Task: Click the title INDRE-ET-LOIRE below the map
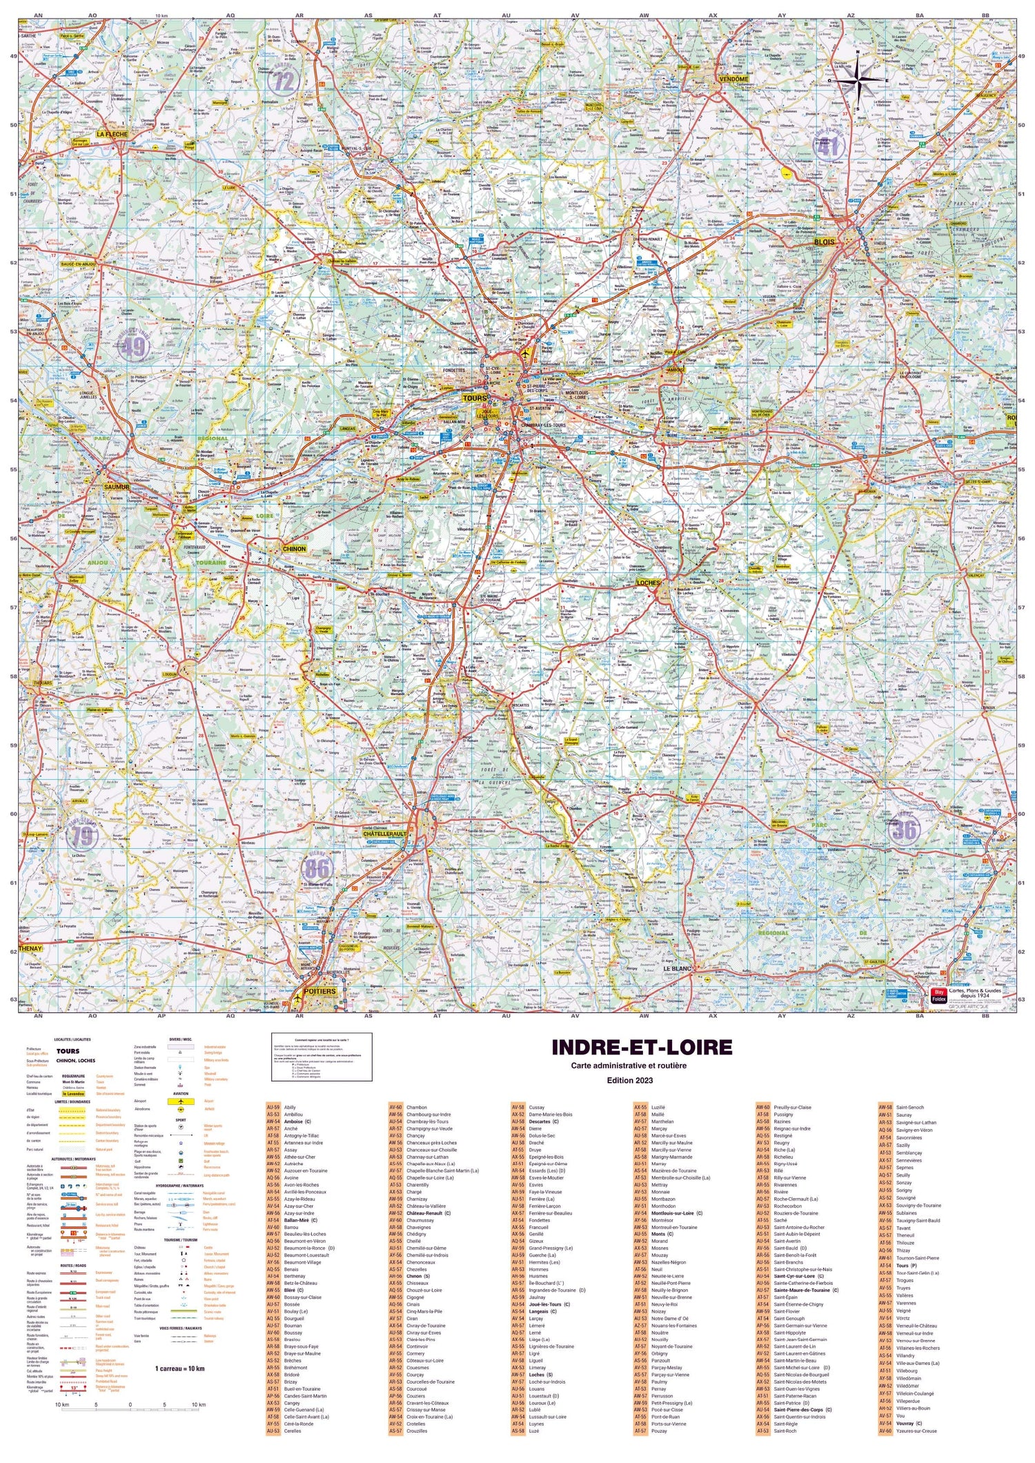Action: (641, 1048)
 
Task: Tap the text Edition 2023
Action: (629, 1081)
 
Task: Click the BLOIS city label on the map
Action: (824, 242)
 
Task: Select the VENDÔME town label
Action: (733, 79)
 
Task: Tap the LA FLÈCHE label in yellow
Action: (112, 134)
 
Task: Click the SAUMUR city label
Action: (117, 487)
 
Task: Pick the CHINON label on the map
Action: (294, 549)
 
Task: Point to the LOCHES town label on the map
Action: (648, 583)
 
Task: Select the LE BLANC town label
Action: (677, 969)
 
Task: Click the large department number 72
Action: (284, 81)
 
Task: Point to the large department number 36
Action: (904, 830)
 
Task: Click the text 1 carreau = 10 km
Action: (180, 1368)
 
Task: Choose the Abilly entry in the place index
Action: (290, 1108)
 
